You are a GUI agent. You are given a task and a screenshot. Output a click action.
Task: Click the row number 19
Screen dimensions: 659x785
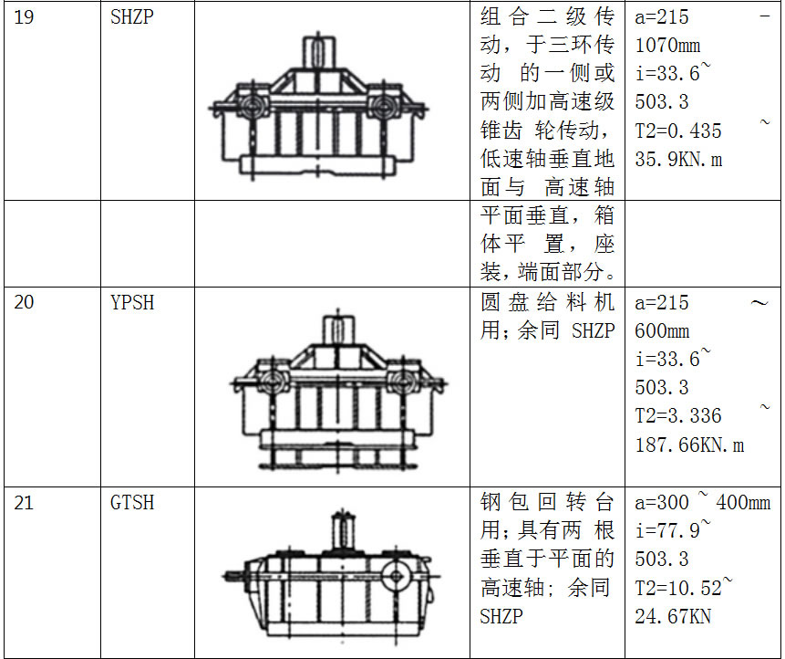tap(25, 17)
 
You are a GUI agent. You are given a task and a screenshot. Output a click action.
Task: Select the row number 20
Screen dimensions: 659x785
tap(25, 302)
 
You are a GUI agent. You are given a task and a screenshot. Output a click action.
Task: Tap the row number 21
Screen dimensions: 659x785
tap(25, 502)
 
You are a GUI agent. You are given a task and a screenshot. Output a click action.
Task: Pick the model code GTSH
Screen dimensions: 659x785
tap(132, 502)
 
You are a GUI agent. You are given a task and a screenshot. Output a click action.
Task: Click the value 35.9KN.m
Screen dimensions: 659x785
tap(679, 160)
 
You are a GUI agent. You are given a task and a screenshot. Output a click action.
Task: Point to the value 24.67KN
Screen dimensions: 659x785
tap(673, 616)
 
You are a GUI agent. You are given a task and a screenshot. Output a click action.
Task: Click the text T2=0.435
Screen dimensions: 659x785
tap(678, 131)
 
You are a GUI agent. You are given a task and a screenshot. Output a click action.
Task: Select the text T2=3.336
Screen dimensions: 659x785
tap(678, 416)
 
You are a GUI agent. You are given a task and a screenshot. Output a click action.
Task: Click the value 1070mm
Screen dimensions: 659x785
tap(668, 46)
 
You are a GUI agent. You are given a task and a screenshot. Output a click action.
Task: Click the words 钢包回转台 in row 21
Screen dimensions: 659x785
tap(547, 502)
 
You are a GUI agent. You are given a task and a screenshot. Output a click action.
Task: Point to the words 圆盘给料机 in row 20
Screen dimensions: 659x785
tap(547, 302)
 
